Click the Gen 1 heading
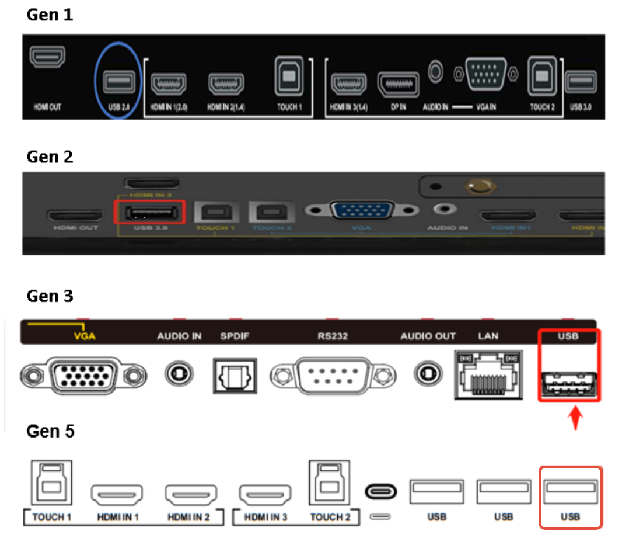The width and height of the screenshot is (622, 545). tap(50, 15)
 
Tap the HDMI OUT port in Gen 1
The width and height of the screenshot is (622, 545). tap(48, 57)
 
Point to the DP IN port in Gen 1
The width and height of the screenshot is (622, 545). tap(399, 85)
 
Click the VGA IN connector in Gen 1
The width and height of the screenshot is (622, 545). tap(487, 74)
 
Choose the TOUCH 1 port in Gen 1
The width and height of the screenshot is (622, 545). tap(289, 76)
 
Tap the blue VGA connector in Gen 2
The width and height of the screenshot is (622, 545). tap(362, 210)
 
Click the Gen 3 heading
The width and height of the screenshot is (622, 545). tap(50, 296)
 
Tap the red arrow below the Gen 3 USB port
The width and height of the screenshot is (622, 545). tap(575, 419)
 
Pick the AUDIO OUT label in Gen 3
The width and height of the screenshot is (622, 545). tap(428, 336)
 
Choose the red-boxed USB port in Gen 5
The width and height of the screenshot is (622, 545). tap(570, 491)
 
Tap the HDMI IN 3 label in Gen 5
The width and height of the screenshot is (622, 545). tap(265, 517)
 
